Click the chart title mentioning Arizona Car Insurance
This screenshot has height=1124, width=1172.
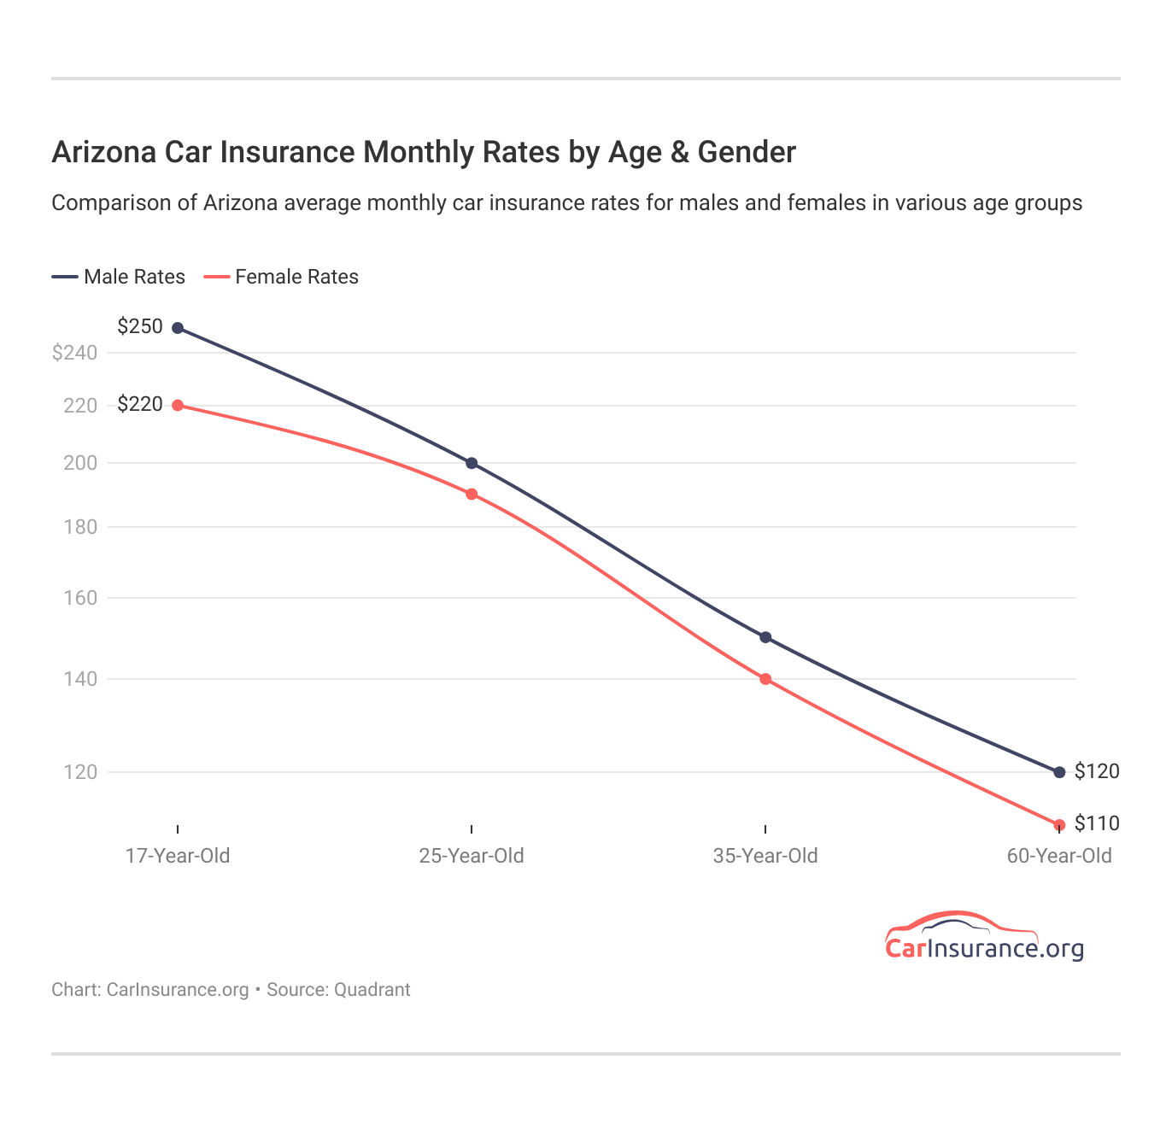tap(423, 152)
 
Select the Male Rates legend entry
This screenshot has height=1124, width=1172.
tap(119, 277)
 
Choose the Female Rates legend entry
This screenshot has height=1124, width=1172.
tap(282, 277)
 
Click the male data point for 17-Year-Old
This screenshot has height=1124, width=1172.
tap(178, 328)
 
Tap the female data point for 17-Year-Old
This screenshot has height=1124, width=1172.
tap(178, 405)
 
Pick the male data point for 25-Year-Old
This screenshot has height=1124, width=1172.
tap(472, 463)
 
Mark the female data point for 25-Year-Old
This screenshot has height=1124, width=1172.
tap(472, 494)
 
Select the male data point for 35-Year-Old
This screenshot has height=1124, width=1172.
tap(765, 637)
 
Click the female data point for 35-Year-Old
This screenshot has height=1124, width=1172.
tap(765, 679)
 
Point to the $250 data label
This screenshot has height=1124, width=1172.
tap(140, 326)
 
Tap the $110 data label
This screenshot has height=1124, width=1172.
tap(1097, 823)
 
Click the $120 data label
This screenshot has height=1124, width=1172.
tap(1097, 771)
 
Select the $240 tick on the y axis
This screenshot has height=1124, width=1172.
tap(74, 353)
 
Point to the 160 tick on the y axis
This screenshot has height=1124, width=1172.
tap(80, 598)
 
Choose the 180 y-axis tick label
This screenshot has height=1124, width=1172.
tap(80, 527)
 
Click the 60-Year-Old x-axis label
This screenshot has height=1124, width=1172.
tap(1059, 856)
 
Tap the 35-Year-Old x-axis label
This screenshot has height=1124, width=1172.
tap(765, 856)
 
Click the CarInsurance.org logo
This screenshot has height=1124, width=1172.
tap(984, 938)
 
